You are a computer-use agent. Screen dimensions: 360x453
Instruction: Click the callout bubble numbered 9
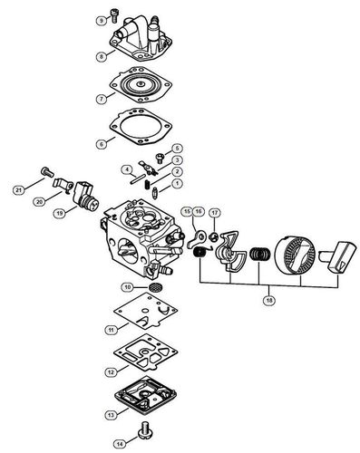pos(102,21)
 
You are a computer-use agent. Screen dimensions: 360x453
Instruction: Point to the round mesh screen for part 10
pos(156,287)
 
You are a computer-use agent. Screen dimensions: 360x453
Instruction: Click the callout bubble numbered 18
pos(268,301)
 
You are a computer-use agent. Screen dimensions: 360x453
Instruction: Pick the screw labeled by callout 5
pos(160,159)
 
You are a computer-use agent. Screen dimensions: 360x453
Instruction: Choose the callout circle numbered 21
pos(19,190)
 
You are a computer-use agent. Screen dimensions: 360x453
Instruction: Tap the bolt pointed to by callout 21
pos(47,172)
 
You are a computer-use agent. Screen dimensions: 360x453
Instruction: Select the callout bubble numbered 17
pos(215,213)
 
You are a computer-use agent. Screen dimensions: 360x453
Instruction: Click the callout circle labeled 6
pos(102,144)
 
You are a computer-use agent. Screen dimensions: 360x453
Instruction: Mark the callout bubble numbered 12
pos(111,372)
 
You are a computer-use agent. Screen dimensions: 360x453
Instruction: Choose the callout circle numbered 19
pos(59,214)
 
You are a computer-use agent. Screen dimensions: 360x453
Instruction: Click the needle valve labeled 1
pos(156,192)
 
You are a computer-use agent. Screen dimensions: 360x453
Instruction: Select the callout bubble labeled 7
pos(102,99)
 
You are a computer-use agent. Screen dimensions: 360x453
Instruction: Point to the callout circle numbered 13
pos(111,415)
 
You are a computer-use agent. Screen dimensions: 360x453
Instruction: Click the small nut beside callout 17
pos(214,237)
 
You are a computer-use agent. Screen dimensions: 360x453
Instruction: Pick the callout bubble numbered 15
pos(187,212)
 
